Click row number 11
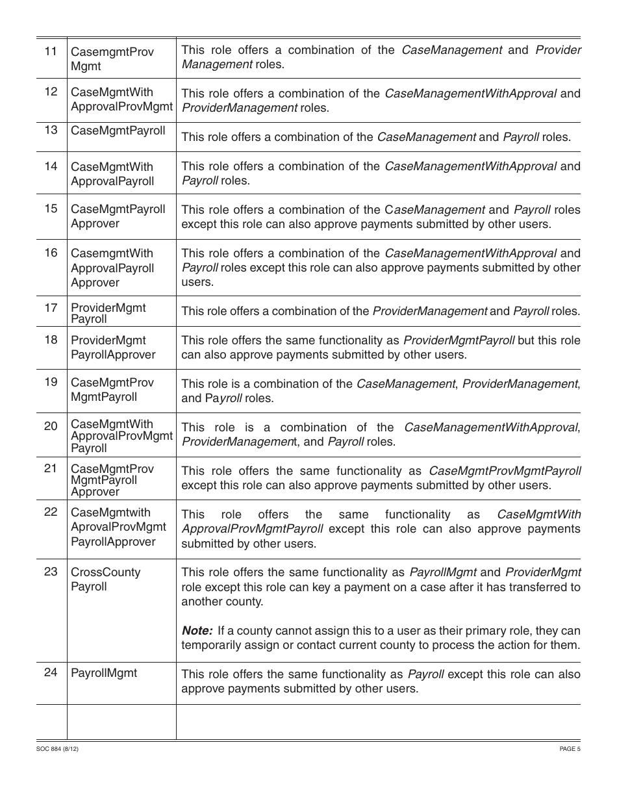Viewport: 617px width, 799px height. (x=51, y=51)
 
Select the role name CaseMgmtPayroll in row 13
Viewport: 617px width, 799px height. (x=118, y=131)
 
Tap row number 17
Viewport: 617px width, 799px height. (x=51, y=307)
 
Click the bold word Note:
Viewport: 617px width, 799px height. (x=197, y=631)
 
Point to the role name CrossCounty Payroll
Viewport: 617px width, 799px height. (x=105, y=579)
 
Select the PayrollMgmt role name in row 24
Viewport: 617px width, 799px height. (x=104, y=673)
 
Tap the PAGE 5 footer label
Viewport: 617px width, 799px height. (x=570, y=748)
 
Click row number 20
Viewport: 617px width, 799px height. (x=51, y=426)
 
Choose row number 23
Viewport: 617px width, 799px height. (x=51, y=572)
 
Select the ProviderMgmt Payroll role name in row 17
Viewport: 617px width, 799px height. (x=108, y=313)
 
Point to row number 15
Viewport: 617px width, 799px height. (x=51, y=209)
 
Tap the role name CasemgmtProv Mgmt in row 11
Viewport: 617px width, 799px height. (x=112, y=58)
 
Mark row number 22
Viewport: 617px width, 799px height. (x=51, y=512)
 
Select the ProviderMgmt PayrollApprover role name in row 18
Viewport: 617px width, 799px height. (x=113, y=348)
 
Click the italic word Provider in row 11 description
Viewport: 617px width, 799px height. (x=558, y=50)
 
